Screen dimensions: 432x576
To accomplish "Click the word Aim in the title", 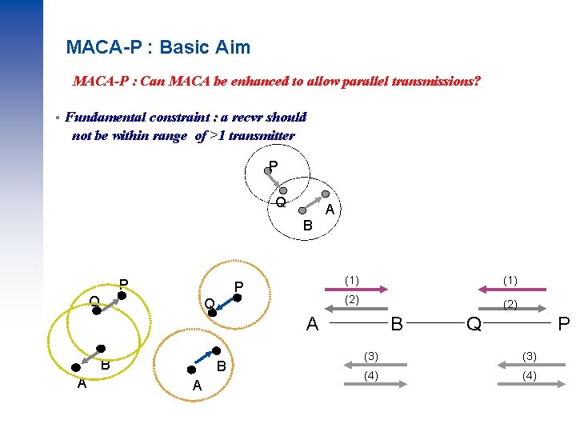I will [x=232, y=47].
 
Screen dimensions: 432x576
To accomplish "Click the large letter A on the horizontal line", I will [x=314, y=323].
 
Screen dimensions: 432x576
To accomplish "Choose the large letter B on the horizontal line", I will [x=395, y=323].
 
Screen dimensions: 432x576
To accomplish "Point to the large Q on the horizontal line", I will [x=474, y=323].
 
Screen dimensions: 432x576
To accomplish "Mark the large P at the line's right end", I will [x=563, y=323].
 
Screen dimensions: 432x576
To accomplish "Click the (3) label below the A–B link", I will [x=370, y=356].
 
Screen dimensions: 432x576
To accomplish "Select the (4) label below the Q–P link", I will [x=528, y=374].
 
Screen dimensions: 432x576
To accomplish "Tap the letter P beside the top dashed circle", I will [x=274, y=166].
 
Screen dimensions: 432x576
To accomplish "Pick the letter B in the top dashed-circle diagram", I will [x=307, y=226].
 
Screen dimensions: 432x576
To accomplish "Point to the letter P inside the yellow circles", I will [x=124, y=283].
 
